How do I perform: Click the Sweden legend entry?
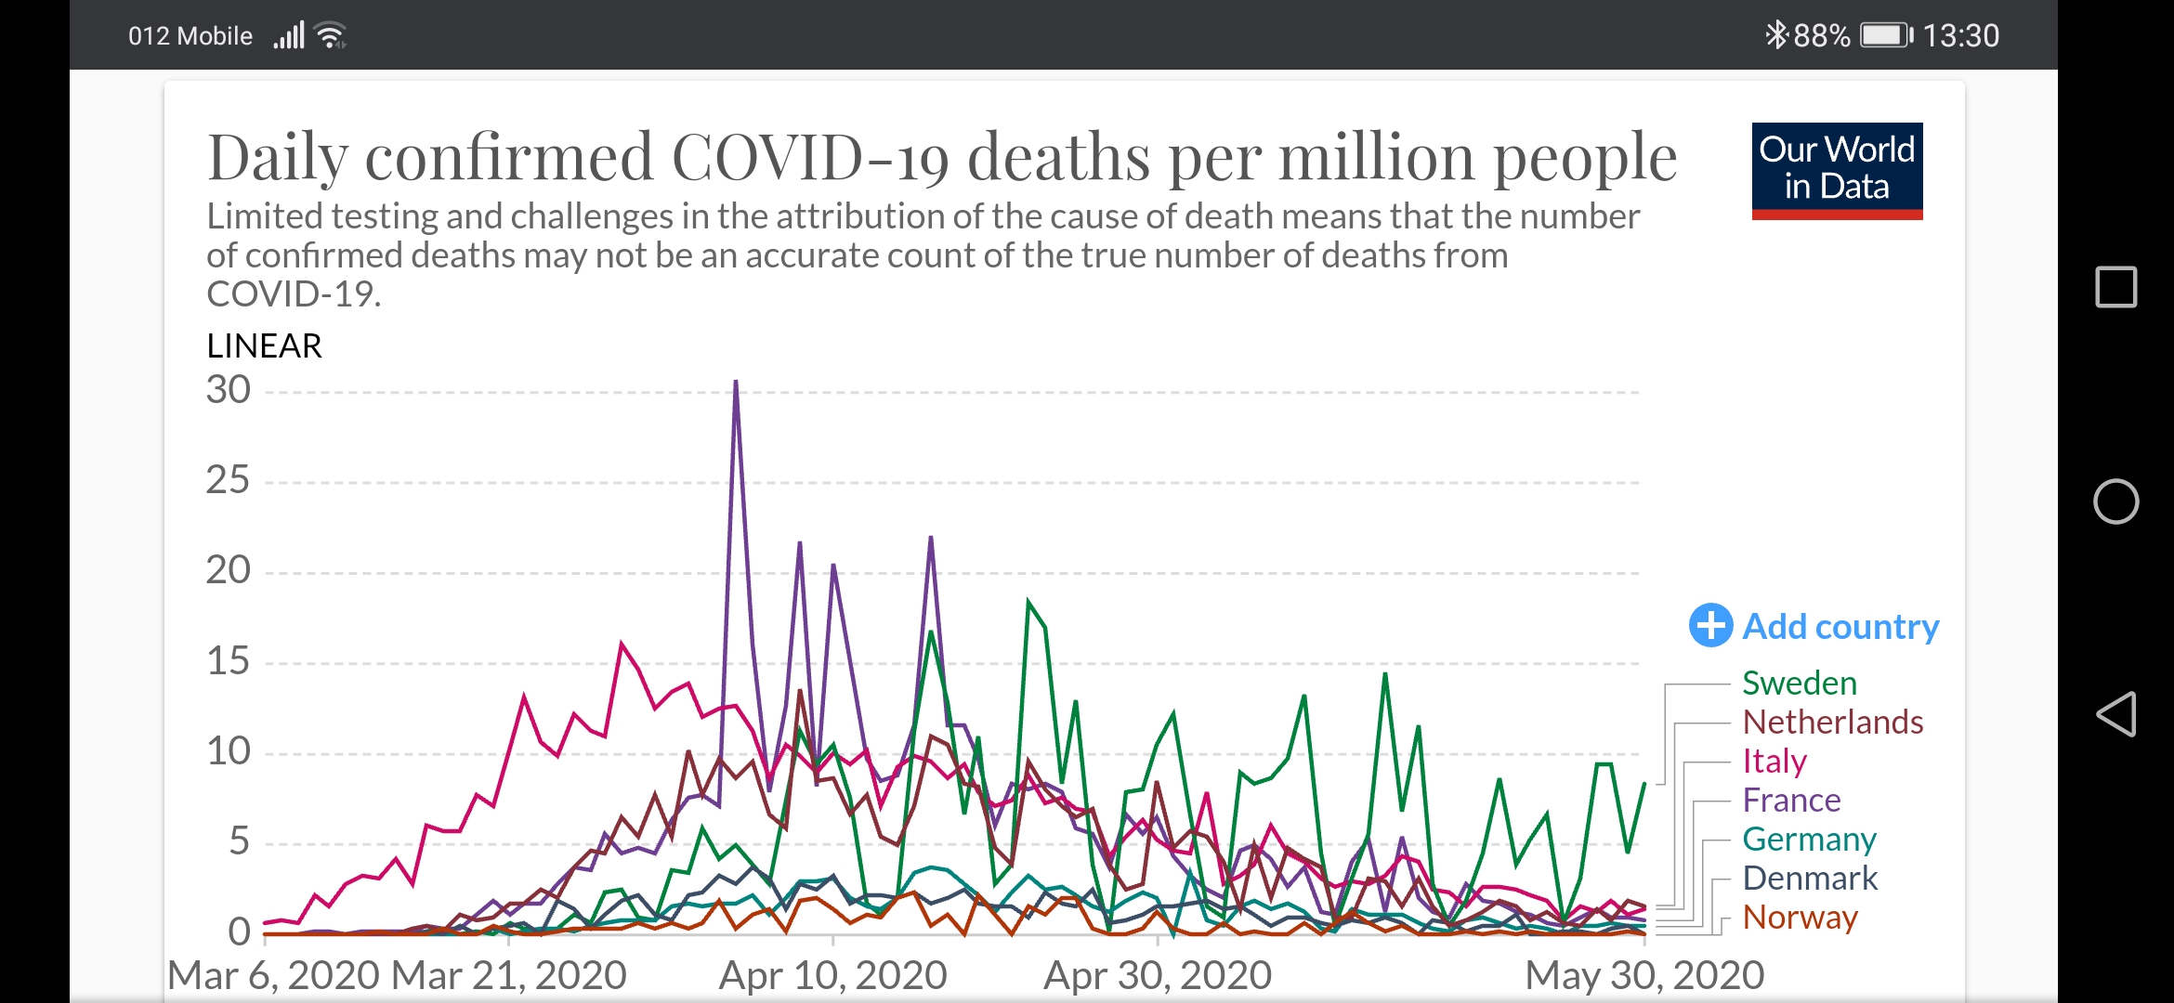pos(1799,684)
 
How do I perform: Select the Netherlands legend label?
pos(1832,723)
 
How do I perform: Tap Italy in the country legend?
pos(1774,762)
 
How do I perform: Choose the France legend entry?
pos(1790,801)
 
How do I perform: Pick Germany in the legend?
pos(1809,840)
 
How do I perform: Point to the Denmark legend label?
pos(1809,879)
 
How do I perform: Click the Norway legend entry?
pos(1800,918)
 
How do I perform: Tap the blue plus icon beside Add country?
pos(1710,626)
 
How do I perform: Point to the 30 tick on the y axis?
pos(229,390)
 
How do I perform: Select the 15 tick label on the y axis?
pos(229,662)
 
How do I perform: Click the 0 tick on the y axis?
pos(239,931)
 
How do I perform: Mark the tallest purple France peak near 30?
pos(736,383)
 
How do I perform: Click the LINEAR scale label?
pos(264,346)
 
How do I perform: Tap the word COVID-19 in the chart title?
pos(809,157)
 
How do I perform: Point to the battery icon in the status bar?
pos(1885,35)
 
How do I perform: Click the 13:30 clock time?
pos(1960,35)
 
